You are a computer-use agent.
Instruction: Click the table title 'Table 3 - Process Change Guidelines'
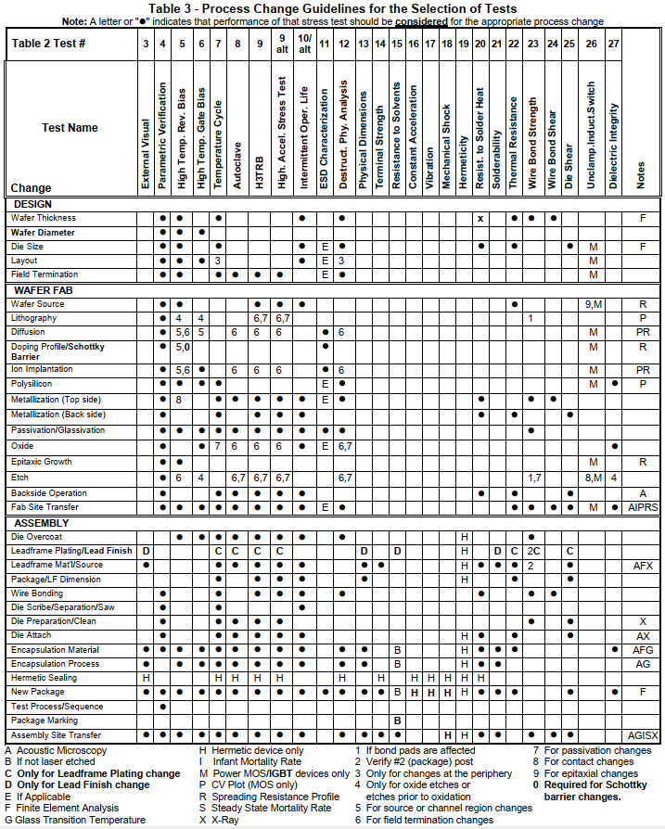click(x=332, y=8)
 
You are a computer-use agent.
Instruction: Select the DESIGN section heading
click(x=32, y=204)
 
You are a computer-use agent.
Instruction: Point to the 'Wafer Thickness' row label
click(x=44, y=218)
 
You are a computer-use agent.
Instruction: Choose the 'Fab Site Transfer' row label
click(x=46, y=507)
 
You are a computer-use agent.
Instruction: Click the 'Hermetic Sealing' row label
click(x=45, y=678)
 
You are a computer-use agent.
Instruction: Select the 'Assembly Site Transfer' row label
click(x=56, y=734)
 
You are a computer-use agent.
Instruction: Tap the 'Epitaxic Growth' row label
click(x=42, y=462)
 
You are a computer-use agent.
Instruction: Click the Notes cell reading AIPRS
click(x=641, y=507)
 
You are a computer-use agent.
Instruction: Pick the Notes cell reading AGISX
click(x=641, y=734)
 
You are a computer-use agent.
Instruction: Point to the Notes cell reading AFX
click(x=641, y=565)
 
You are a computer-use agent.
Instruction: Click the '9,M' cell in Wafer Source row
click(x=594, y=304)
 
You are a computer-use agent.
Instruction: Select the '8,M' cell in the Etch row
click(x=594, y=478)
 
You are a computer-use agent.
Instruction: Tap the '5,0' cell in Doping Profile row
click(x=182, y=349)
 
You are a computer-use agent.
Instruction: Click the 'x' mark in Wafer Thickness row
click(x=480, y=218)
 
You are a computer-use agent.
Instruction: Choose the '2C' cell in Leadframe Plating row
click(x=533, y=550)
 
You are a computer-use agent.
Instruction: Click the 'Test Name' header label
click(x=71, y=128)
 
